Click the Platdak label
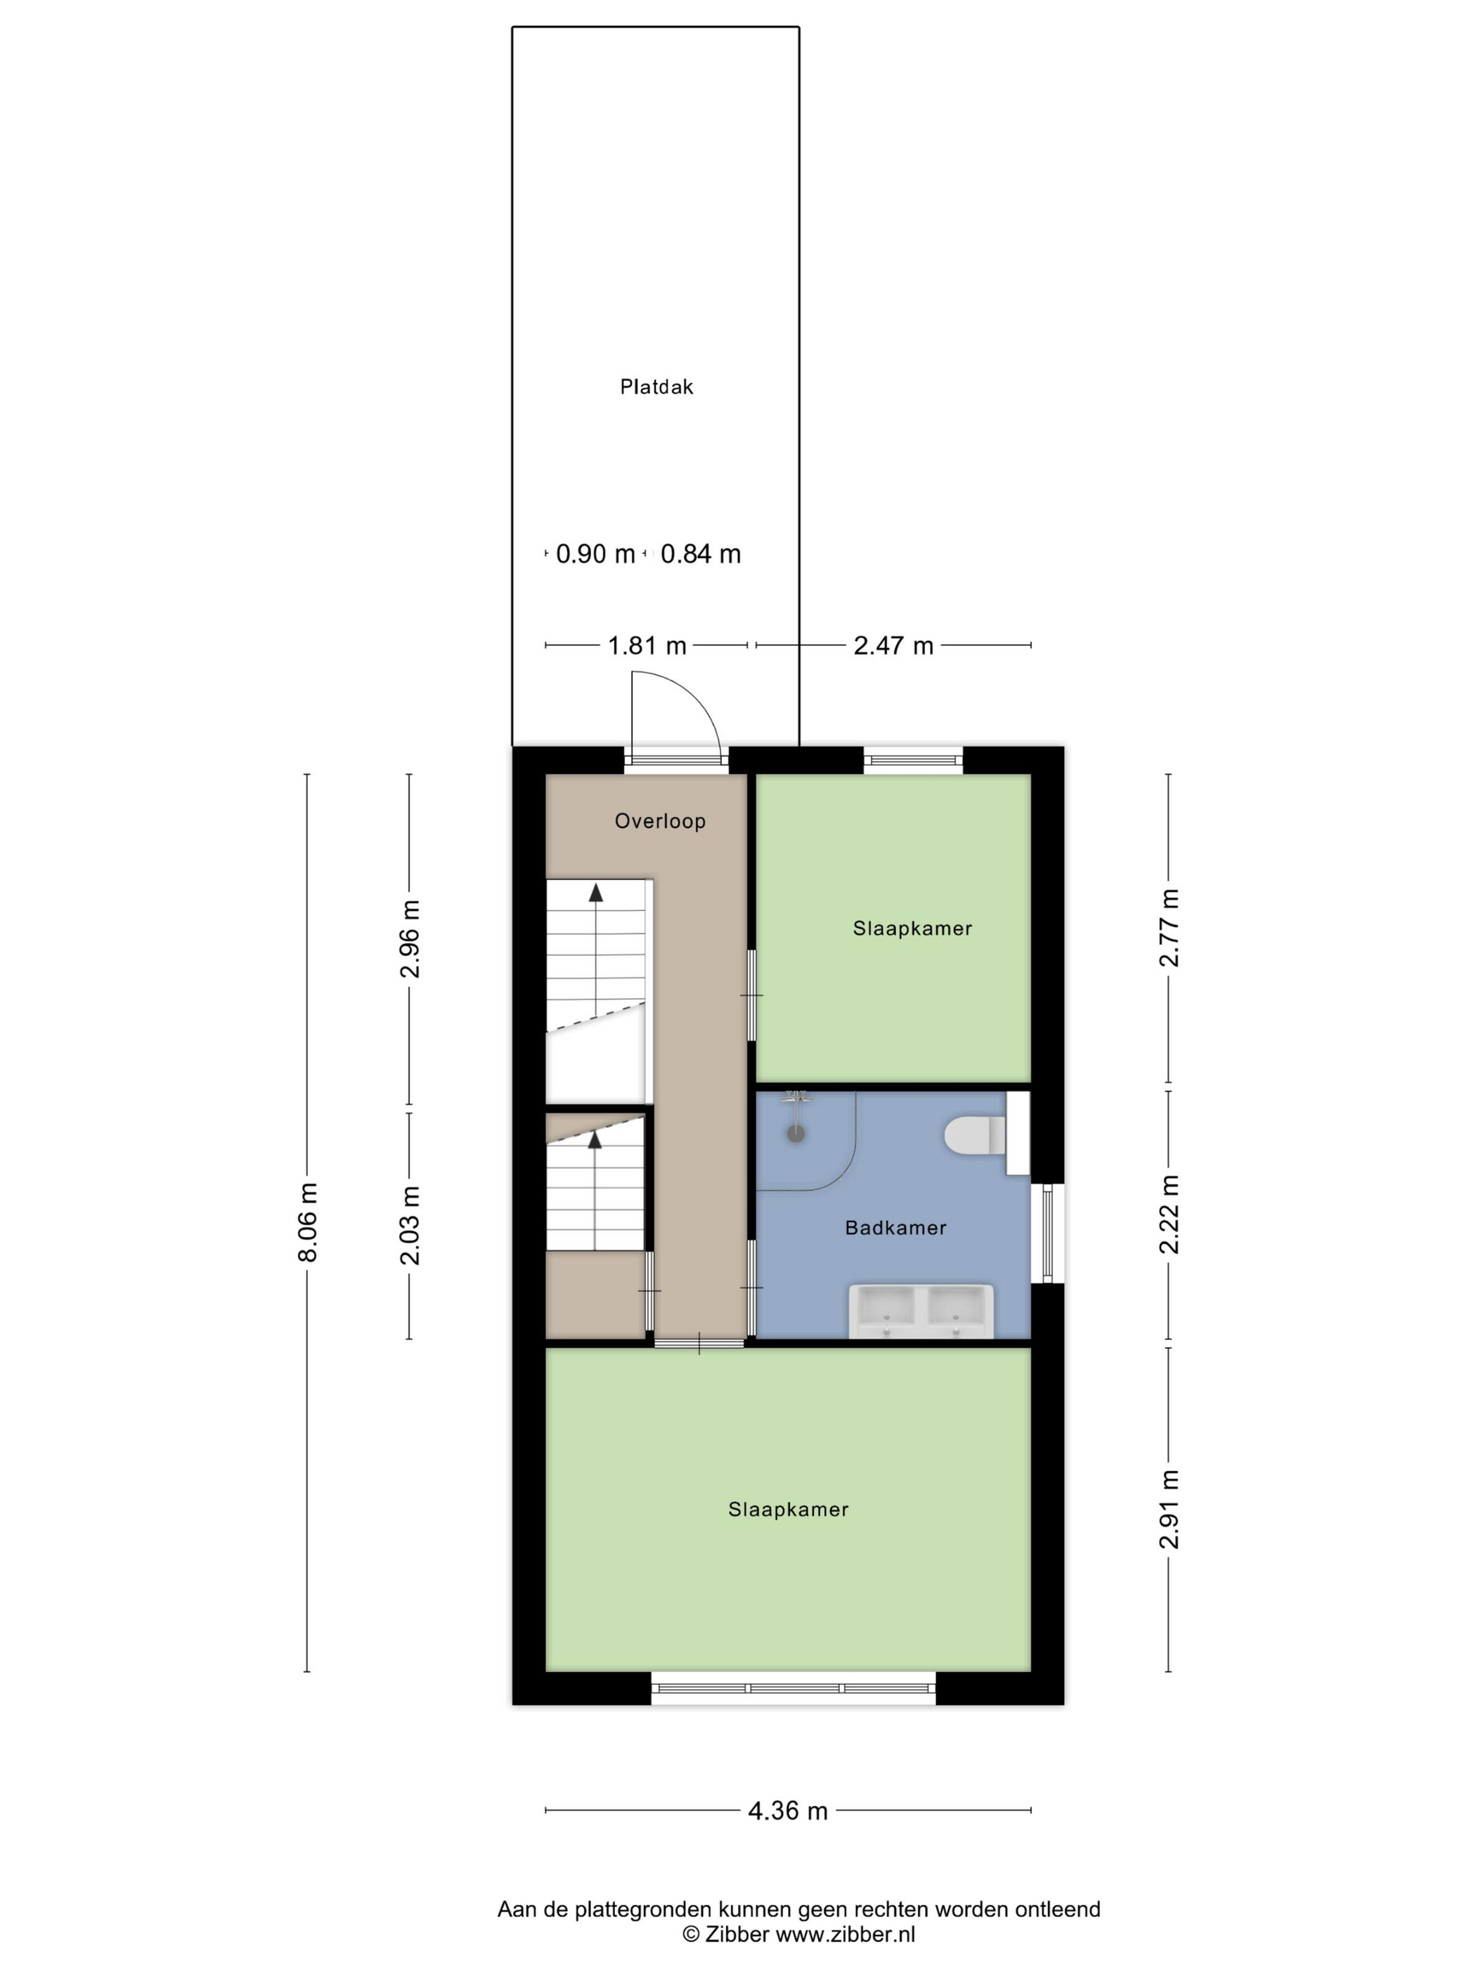click(656, 386)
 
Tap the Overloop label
click(660, 820)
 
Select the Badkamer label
click(895, 1228)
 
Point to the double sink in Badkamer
click(921, 1311)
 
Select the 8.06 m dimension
click(308, 1222)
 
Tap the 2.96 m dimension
click(409, 938)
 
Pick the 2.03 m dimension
click(409, 1225)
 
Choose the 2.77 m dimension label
click(1168, 927)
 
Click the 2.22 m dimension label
click(1168, 1215)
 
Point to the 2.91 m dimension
click(1168, 1509)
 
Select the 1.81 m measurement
click(647, 645)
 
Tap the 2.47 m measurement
click(893, 645)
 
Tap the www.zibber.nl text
click(846, 1934)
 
